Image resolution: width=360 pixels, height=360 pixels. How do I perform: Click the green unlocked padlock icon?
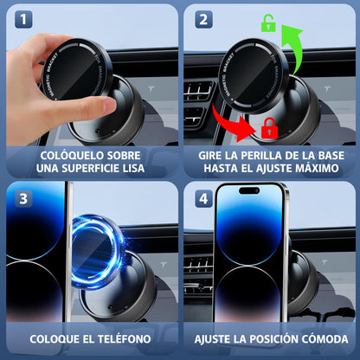[268, 24]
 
